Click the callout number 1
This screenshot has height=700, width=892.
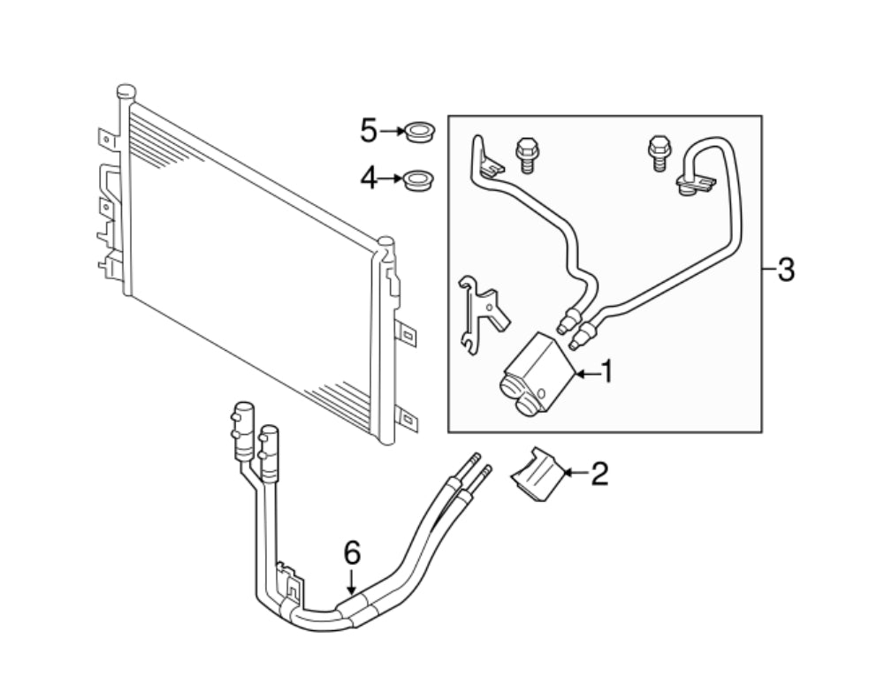click(x=606, y=372)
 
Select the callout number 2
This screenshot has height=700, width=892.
click(x=599, y=475)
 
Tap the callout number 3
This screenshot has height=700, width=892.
click(x=785, y=270)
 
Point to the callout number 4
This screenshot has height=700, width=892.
click(x=369, y=179)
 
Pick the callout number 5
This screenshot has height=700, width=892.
click(x=369, y=133)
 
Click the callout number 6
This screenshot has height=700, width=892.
click(x=352, y=554)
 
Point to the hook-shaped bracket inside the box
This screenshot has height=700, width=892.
click(x=481, y=311)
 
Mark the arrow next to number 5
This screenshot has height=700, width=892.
click(x=393, y=133)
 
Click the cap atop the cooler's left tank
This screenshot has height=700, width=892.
click(x=126, y=91)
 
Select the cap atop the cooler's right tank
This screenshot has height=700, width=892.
click(x=385, y=242)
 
